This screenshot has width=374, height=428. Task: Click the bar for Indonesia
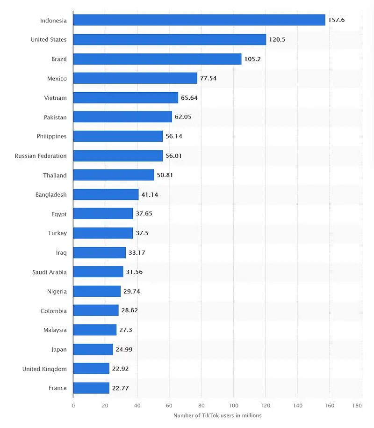pyautogui.click(x=199, y=20)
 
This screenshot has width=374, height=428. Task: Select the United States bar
pyautogui.click(x=170, y=39)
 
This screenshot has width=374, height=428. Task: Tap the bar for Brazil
pyautogui.click(x=157, y=59)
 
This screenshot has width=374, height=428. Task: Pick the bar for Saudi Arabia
pyautogui.click(x=98, y=272)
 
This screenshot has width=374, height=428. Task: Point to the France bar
pyautogui.click(x=91, y=388)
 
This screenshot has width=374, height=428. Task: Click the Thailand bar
pyautogui.click(x=114, y=175)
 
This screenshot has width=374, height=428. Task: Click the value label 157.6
pyautogui.click(x=337, y=20)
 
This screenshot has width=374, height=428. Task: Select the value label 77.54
pyautogui.click(x=209, y=78)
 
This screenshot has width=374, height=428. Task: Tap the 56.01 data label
pyautogui.click(x=173, y=156)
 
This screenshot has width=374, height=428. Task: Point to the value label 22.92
pyautogui.click(x=120, y=369)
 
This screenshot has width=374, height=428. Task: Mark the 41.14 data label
pyautogui.click(x=150, y=195)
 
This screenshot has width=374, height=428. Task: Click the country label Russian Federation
pyautogui.click(x=41, y=156)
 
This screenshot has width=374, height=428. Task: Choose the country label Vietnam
pyautogui.click(x=56, y=98)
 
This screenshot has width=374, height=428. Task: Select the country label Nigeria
pyautogui.click(x=57, y=291)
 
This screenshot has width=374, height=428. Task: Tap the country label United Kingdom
pyautogui.click(x=44, y=369)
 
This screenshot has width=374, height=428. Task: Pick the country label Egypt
pyautogui.click(x=59, y=214)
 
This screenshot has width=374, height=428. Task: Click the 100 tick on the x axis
pyautogui.click(x=233, y=405)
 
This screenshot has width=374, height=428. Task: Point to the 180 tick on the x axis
pyautogui.click(x=358, y=405)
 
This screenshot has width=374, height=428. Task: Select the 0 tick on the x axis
pyautogui.click(x=73, y=405)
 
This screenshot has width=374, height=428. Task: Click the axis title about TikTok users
pyautogui.click(x=217, y=416)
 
